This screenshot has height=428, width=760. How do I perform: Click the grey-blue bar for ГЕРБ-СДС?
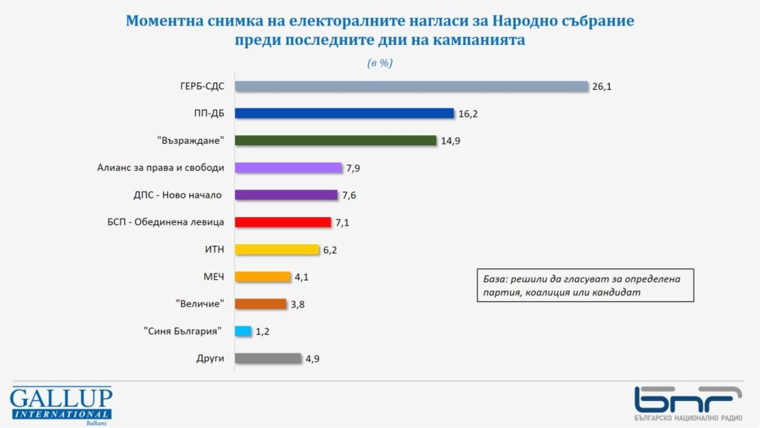point(411,86)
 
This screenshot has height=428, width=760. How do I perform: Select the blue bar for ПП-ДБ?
point(344,113)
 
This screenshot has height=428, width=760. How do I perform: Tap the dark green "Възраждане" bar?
point(336,140)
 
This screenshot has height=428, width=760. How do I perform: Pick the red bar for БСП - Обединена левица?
point(283,222)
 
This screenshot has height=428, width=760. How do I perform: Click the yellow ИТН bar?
point(277,250)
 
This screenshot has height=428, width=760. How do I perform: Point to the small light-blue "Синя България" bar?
point(243,331)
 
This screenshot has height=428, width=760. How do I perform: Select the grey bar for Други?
point(268,359)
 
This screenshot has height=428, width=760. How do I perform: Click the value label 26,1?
point(602,86)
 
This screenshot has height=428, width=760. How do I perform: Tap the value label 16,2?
point(468,113)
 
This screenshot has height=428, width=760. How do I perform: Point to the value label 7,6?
point(349,195)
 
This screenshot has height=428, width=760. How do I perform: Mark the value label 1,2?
point(263,331)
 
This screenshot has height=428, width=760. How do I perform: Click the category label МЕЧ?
point(212,277)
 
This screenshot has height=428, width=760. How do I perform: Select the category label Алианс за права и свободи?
point(160,168)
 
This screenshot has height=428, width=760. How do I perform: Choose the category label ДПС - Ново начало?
point(177,195)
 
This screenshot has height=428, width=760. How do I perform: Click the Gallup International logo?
point(61,404)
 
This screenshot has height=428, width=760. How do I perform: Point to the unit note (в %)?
point(380,63)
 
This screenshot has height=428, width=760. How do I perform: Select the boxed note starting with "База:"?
point(585,285)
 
